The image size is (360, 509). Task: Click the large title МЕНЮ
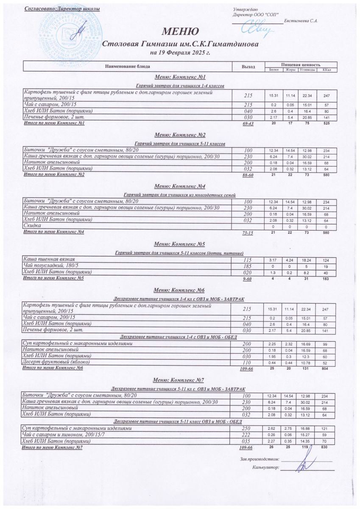pyautogui.click(x=180, y=31)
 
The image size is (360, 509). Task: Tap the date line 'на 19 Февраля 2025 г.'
pyautogui.click(x=180, y=53)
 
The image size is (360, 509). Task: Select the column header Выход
pyautogui.click(x=248, y=67)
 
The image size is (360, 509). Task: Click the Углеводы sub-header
pyautogui.click(x=306, y=70)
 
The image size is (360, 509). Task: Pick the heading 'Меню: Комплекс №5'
pyautogui.click(x=180, y=244)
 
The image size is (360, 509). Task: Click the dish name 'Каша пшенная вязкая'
pyautogui.click(x=47, y=259)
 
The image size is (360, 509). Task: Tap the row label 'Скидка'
pyautogui.click(x=31, y=227)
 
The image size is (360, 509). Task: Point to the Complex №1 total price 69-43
pyautogui.click(x=248, y=123)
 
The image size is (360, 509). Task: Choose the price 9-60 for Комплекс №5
pyautogui.click(x=248, y=279)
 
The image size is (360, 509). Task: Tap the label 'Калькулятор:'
pyautogui.click(x=265, y=468)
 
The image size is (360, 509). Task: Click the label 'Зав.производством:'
pyautogui.click(x=260, y=459)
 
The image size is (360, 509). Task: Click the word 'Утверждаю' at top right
pyautogui.click(x=245, y=9)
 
